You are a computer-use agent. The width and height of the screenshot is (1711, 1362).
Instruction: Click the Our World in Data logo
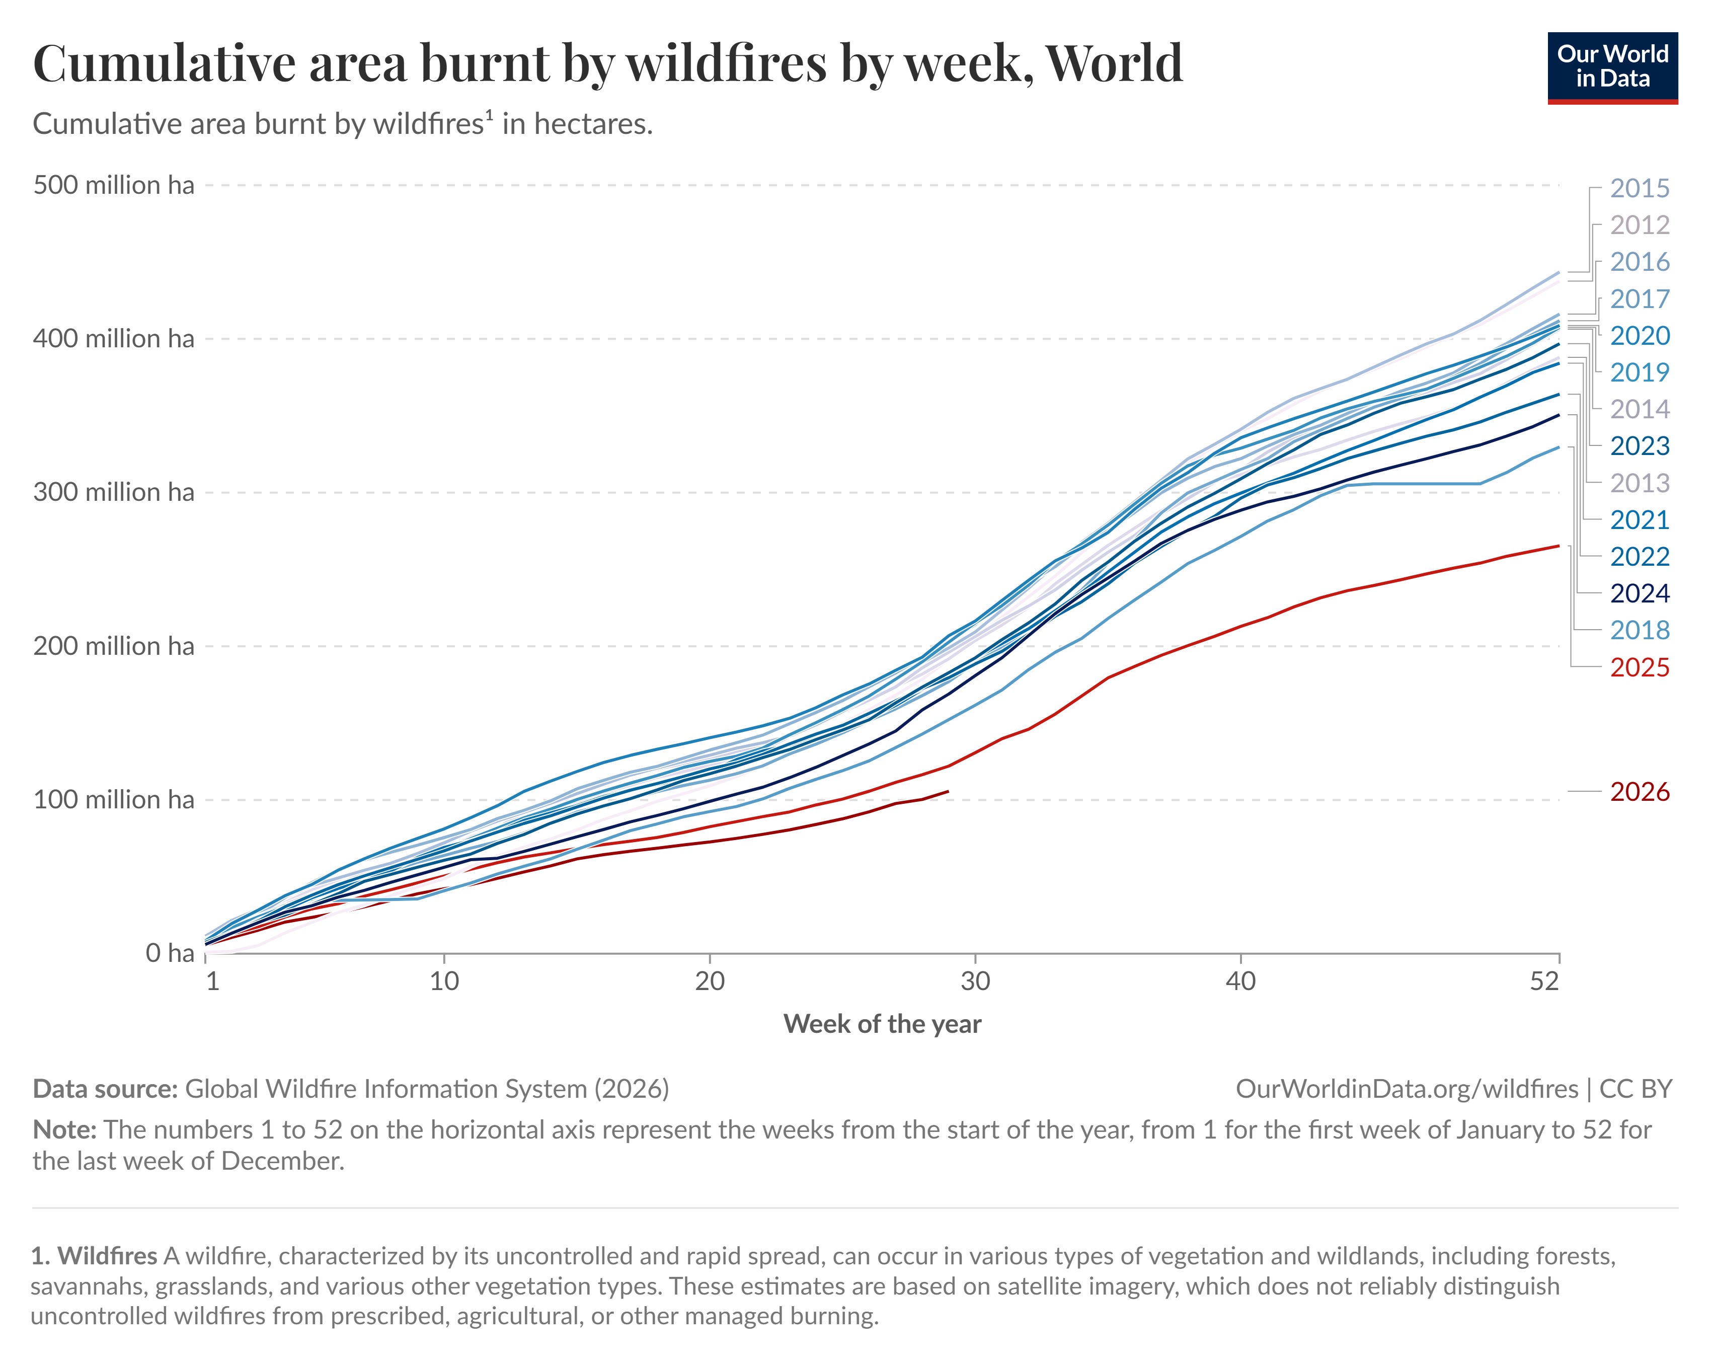(1612, 67)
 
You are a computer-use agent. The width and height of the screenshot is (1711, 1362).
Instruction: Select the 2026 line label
(1640, 792)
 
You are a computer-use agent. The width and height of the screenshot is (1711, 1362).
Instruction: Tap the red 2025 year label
(1640, 667)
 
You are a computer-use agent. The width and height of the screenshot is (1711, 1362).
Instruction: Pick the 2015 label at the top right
(1640, 188)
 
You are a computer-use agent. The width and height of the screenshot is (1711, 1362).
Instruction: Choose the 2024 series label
(1640, 594)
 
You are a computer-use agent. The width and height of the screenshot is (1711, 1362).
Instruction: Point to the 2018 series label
(1640, 630)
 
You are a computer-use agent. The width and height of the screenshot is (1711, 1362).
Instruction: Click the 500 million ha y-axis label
(114, 185)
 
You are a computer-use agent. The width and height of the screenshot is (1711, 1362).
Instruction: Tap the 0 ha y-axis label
(170, 952)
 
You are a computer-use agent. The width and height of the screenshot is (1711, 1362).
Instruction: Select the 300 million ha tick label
(114, 492)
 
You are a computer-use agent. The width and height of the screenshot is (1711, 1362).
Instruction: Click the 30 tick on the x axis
(975, 982)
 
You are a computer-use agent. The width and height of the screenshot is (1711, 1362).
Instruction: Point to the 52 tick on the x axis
(1544, 982)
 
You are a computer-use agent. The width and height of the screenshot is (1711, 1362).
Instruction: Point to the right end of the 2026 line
(949, 791)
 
